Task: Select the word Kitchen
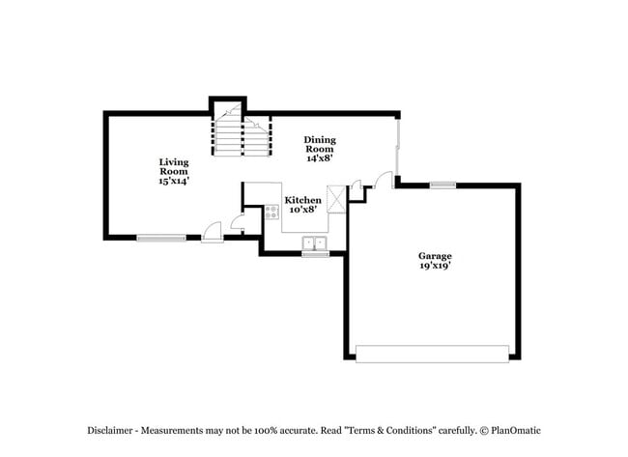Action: pyautogui.click(x=302, y=200)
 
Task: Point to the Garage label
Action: pyautogui.click(x=435, y=256)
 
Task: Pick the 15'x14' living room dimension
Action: pyautogui.click(x=174, y=181)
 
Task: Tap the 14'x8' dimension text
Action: pyautogui.click(x=320, y=158)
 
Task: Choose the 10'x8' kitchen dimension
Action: pyautogui.click(x=302, y=209)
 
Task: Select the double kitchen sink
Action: pyautogui.click(x=315, y=243)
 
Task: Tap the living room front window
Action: pyautogui.click(x=161, y=238)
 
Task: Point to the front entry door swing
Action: pyautogui.click(x=213, y=231)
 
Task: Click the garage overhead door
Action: pyautogui.click(x=432, y=354)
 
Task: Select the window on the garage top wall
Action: pyautogui.click(x=442, y=185)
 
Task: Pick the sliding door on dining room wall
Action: pyautogui.click(x=398, y=145)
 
